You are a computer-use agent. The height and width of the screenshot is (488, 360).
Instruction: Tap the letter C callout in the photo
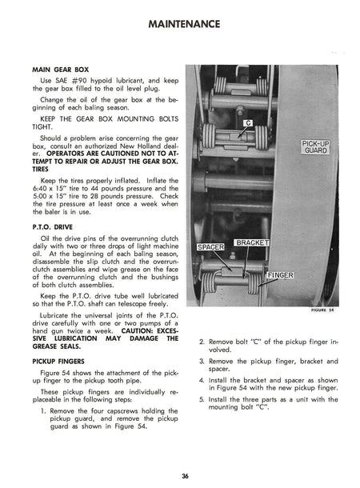pos(247,123)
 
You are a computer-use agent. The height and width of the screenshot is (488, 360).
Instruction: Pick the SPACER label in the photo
pos(210,247)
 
